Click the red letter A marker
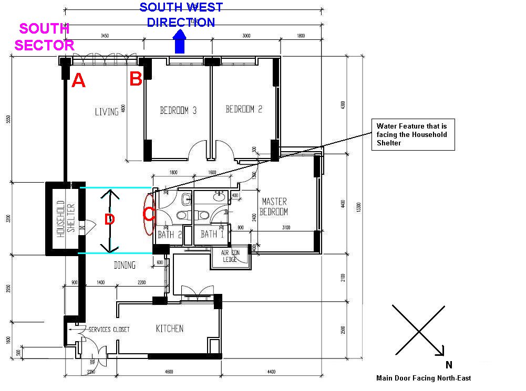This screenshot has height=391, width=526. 78,80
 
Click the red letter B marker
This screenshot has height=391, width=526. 136,79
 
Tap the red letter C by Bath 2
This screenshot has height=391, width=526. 149,214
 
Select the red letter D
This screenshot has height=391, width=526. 109,219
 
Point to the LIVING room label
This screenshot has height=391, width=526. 107,112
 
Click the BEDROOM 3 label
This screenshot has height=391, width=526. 178,110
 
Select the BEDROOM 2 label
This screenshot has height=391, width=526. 244,109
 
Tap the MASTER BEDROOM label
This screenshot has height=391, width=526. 275,206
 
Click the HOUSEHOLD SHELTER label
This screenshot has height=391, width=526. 66,217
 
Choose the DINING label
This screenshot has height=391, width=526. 125,266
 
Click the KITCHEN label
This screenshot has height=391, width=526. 170,329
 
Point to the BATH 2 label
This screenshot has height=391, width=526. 169,235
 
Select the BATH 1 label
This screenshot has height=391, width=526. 212,235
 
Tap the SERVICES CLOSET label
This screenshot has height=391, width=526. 109,330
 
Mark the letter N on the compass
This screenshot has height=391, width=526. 449,365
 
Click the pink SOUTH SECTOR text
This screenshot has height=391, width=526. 42,37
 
